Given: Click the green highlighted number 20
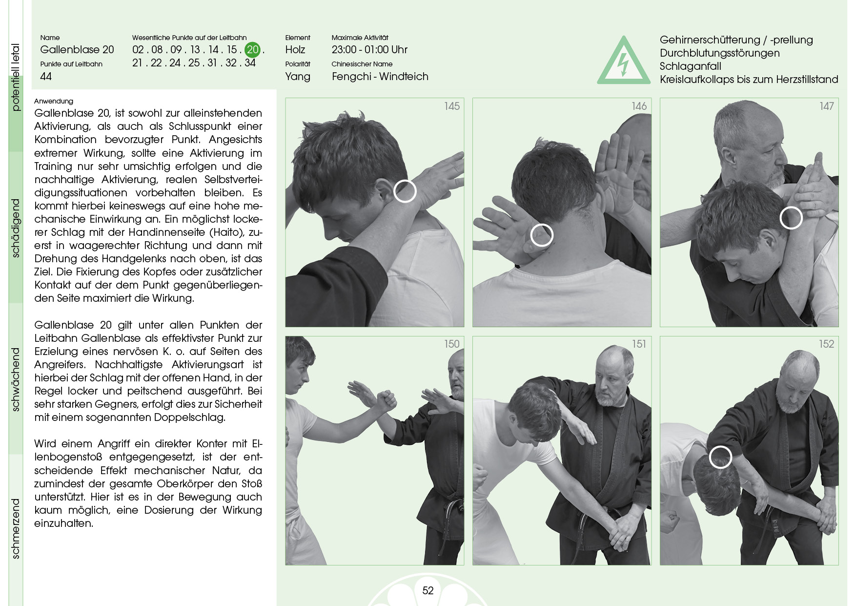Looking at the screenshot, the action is [252, 49].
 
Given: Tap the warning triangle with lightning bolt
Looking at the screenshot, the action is [624, 61].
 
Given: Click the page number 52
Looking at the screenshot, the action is [428, 590].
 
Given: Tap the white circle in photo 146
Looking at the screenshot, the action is [542, 235].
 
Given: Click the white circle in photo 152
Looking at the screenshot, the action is [720, 457].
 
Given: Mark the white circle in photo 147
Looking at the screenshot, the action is [791, 218].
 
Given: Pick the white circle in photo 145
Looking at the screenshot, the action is [405, 191].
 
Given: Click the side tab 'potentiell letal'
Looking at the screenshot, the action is [16, 77].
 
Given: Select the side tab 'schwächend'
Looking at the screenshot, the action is [16, 379].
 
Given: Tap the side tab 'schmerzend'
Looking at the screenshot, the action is [16, 528].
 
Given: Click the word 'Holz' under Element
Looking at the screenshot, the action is [295, 49].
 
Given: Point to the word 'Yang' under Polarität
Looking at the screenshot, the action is [298, 77].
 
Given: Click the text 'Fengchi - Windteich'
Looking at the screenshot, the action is [380, 76].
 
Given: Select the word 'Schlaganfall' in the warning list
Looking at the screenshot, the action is [691, 66].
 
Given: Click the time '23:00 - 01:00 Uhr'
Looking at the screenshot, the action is [369, 49].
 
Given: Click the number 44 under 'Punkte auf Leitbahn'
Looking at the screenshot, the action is [46, 76].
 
